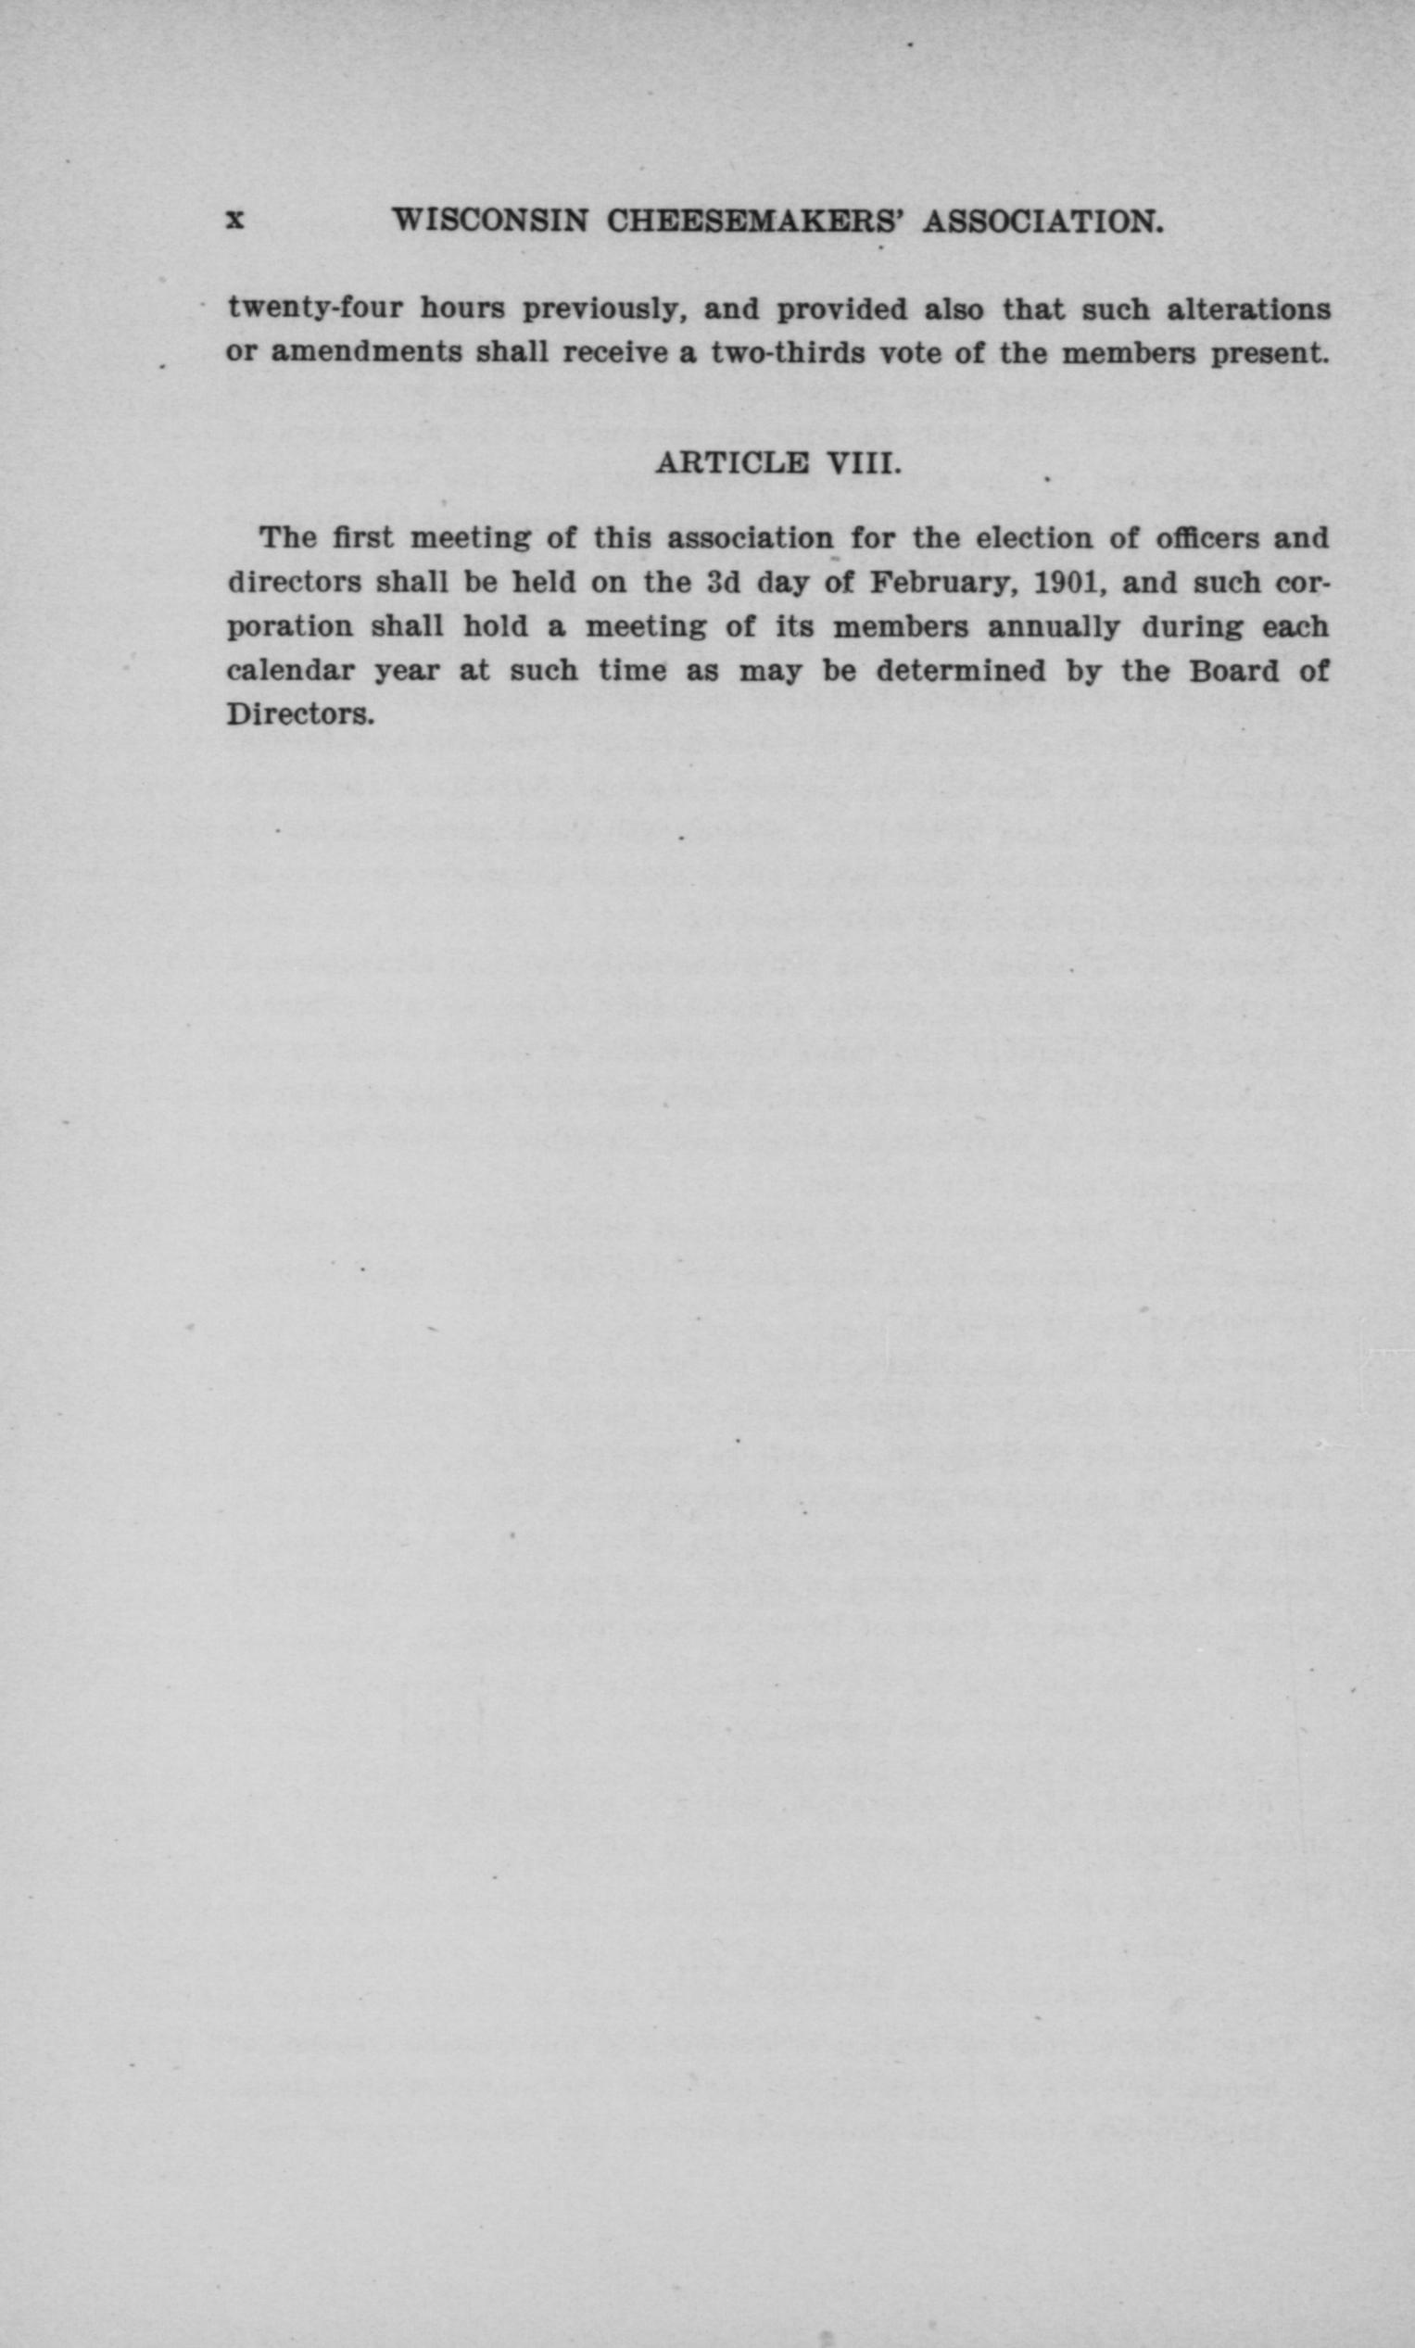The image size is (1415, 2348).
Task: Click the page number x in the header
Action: point(235,221)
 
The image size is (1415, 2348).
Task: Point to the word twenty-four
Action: point(315,309)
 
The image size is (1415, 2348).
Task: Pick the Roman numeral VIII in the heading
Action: point(862,464)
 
